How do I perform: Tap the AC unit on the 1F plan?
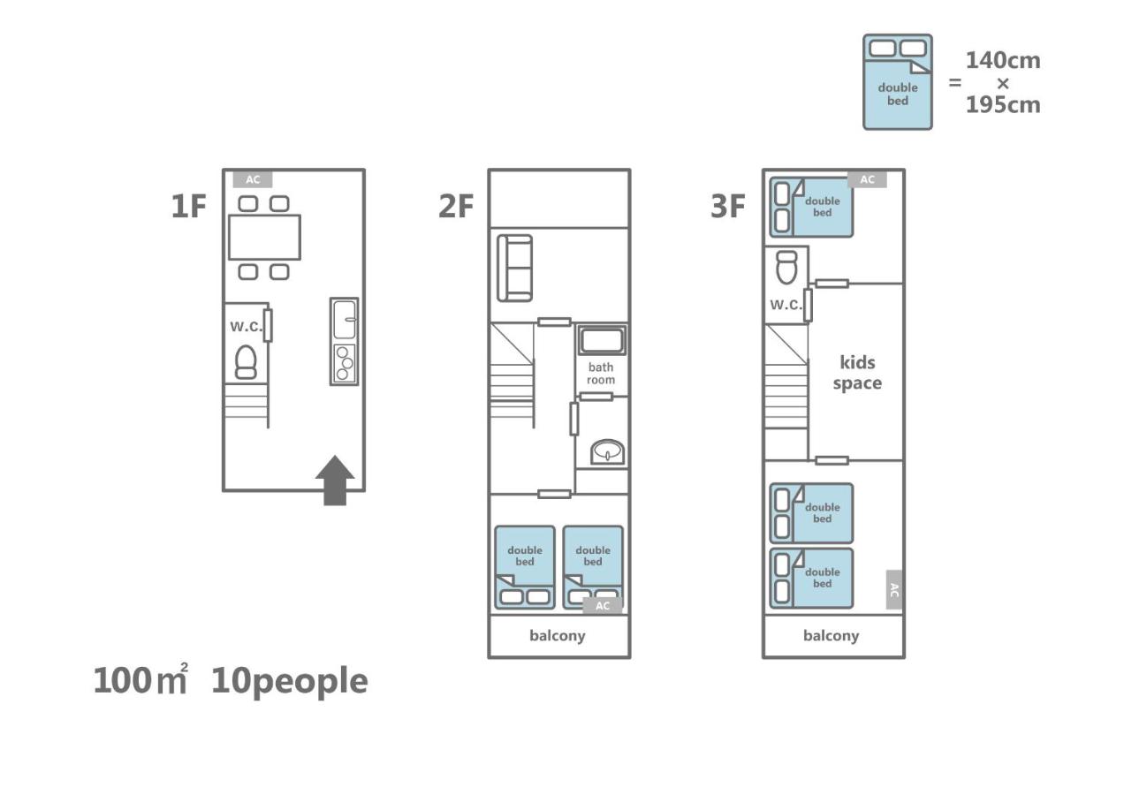[x=253, y=179]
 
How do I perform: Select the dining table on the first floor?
[x=264, y=238]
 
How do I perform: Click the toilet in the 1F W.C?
[x=246, y=361]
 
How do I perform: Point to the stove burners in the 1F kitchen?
[x=345, y=363]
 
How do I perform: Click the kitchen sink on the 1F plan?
[x=345, y=320]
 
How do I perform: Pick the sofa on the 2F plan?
[x=515, y=268]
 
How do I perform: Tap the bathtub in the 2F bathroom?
[x=602, y=340]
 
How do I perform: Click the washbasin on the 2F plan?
[x=608, y=451]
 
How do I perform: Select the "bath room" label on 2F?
[x=601, y=374]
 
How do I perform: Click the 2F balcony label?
[x=558, y=635]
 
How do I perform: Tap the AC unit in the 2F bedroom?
[x=602, y=606]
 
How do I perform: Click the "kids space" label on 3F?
[x=857, y=372]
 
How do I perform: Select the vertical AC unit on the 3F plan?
[x=893, y=589]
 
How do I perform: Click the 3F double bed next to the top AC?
[x=811, y=208]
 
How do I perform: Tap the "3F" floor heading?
[x=727, y=206]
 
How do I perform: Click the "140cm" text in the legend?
[x=1003, y=61]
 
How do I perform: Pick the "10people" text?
[x=290, y=683]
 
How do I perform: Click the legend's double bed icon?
[x=898, y=82]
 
